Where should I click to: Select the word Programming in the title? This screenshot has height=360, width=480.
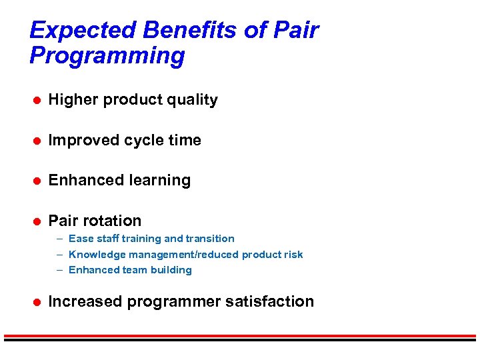tap(107, 56)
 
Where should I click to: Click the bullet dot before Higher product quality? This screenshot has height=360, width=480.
tap(39, 100)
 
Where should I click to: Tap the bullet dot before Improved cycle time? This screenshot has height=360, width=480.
tap(39, 141)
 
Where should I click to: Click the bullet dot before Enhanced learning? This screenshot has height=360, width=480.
tap(39, 181)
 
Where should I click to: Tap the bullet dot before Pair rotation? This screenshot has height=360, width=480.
tap(39, 221)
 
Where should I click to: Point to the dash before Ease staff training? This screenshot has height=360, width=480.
tap(60, 239)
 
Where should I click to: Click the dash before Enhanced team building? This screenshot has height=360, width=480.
tap(60, 270)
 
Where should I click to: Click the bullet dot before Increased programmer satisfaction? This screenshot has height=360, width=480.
tap(39, 302)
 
